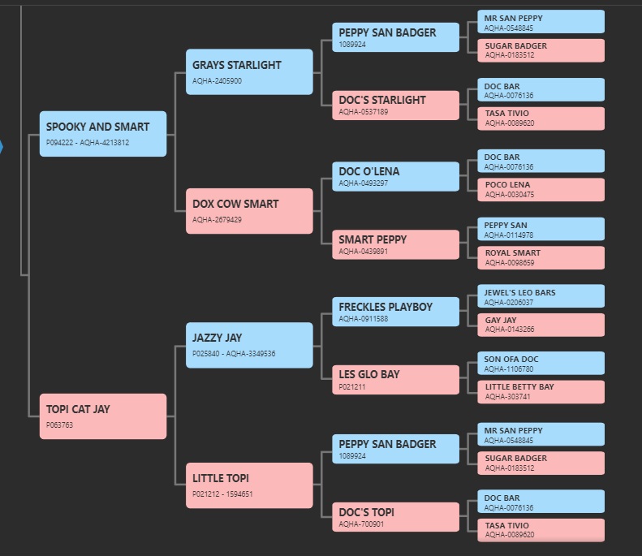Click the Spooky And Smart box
point(103,134)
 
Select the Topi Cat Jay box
point(103,416)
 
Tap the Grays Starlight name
point(237,65)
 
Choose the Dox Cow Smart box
point(249,211)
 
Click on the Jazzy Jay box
point(249,345)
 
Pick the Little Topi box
point(249,485)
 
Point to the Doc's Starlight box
point(395,106)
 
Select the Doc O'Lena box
point(395,176)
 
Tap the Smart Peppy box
point(395,244)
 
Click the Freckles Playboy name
point(386,307)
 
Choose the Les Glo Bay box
point(395,380)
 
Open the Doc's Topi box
point(395,517)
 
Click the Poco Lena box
point(541,190)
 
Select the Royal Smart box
point(541,257)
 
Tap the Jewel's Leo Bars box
point(541,296)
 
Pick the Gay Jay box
point(541,325)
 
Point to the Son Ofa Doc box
point(541,363)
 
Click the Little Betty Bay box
point(541,392)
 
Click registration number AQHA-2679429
point(217,220)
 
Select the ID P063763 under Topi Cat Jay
point(59,425)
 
